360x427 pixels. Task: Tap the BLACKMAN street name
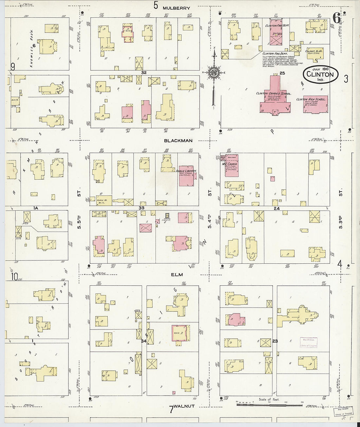[x=178, y=141]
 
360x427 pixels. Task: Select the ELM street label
[x=179, y=275]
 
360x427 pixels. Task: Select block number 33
[x=141, y=207]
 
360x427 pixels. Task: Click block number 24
[x=277, y=208]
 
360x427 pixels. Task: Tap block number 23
[x=275, y=341]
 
